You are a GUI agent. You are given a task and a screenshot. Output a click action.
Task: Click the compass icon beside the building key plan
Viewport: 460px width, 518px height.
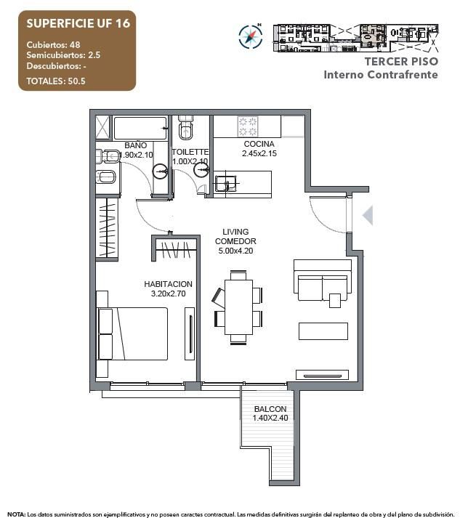click(251, 36)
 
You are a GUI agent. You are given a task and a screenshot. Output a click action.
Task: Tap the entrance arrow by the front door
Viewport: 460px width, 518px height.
click(368, 215)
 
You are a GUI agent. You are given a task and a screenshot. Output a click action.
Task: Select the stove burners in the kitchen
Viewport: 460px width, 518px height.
click(248, 126)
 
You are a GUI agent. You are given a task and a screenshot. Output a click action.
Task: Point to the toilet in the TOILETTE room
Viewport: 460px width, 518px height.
click(187, 128)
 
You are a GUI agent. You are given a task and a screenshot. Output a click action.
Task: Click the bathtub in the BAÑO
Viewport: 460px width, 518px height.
click(140, 128)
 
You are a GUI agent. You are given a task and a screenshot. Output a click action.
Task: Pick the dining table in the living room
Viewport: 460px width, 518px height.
click(238, 307)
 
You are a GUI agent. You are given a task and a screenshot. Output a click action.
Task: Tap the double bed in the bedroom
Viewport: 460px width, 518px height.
click(133, 333)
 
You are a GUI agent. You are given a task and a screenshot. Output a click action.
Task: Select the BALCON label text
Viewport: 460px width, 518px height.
click(270, 409)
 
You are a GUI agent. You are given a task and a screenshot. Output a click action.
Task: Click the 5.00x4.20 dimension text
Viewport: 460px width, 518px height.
click(235, 251)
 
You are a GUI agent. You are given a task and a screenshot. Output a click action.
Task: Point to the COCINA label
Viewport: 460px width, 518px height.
click(259, 144)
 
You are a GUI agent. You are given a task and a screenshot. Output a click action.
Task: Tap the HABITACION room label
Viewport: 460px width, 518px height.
click(168, 284)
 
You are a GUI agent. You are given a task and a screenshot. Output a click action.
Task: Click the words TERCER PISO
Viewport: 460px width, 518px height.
click(402, 62)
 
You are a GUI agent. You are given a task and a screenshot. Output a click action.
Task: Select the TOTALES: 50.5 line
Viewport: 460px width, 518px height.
click(56, 81)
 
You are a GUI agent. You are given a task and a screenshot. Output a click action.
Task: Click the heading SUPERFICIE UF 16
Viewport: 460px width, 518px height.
click(78, 23)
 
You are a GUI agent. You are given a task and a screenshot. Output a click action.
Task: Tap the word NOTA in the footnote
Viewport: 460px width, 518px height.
click(16, 514)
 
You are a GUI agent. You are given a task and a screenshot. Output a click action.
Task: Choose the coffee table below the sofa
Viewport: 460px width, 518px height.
click(323, 331)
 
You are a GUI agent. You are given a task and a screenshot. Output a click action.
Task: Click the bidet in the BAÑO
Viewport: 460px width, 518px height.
click(106, 177)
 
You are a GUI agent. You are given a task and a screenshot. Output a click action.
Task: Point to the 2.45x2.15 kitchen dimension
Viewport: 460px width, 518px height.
click(259, 153)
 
